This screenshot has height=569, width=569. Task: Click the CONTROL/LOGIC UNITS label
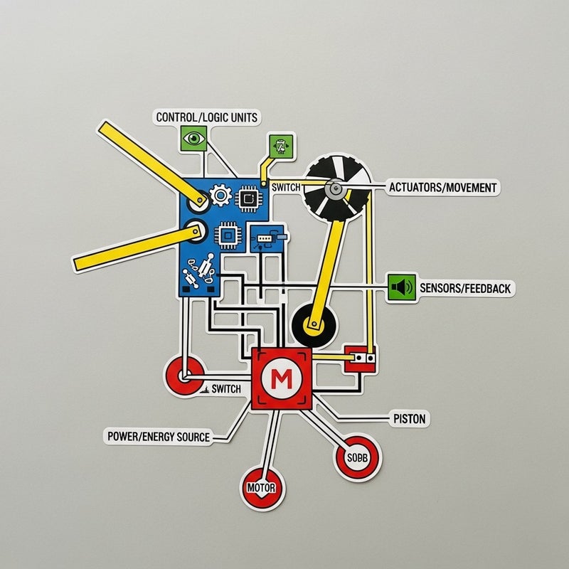pyautogui.click(x=207, y=117)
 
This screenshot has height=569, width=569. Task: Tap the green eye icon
pyautogui.click(x=193, y=138)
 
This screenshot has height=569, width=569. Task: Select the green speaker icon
pyautogui.click(x=402, y=287)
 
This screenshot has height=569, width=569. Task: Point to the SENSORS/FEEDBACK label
pyautogui.click(x=465, y=288)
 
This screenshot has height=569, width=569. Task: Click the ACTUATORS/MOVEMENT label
pyautogui.click(x=442, y=188)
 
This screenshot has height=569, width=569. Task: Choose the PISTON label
pyautogui.click(x=410, y=419)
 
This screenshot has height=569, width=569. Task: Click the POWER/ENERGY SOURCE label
pyautogui.click(x=159, y=436)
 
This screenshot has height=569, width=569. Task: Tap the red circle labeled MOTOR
pyautogui.click(x=262, y=488)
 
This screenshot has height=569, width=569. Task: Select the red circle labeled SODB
pyautogui.click(x=357, y=458)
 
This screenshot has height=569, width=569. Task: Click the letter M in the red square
pyautogui.click(x=282, y=379)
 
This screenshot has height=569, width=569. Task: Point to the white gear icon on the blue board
pyautogui.click(x=220, y=195)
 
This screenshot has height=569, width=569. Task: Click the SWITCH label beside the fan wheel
pyautogui.click(x=286, y=187)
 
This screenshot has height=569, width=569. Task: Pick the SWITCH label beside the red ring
pyautogui.click(x=226, y=389)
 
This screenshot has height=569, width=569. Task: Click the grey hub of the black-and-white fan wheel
pyautogui.click(x=334, y=188)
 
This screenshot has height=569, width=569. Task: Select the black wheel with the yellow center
pyautogui.click(x=314, y=325)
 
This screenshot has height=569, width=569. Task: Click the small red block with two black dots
pyautogui.click(x=360, y=358)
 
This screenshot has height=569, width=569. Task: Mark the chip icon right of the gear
pyautogui.click(x=248, y=198)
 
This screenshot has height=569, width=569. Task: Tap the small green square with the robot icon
pyautogui.click(x=280, y=147)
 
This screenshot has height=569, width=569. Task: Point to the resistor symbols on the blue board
pyautogui.click(x=200, y=271)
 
